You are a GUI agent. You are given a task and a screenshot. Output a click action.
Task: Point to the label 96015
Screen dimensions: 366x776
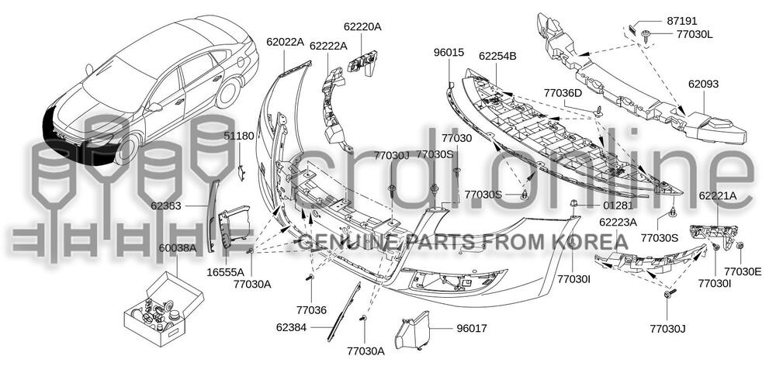(449, 53)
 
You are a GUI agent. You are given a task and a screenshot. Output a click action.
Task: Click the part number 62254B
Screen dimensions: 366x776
(497, 56)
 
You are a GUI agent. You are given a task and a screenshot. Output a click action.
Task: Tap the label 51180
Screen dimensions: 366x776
(239, 136)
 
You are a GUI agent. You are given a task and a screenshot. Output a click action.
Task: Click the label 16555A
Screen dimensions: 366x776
(226, 272)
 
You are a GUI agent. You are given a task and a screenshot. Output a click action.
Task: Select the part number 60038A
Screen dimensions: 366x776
(178, 248)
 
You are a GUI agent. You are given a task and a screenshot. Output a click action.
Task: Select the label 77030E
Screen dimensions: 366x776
(743, 271)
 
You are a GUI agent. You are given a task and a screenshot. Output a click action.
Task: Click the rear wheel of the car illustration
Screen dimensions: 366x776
(227, 93)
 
